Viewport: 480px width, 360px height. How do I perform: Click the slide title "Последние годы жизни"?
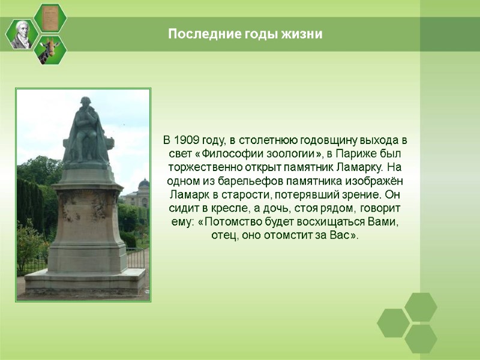point(245,34)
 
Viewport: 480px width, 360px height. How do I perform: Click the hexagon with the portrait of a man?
point(22,34)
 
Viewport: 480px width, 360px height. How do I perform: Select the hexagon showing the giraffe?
point(50,50)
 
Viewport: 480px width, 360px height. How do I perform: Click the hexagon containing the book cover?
point(50,17)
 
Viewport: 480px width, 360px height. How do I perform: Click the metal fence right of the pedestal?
point(137,258)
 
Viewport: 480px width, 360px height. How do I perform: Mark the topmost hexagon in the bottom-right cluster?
point(421,307)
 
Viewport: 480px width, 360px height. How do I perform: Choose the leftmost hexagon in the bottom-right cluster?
point(393,323)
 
